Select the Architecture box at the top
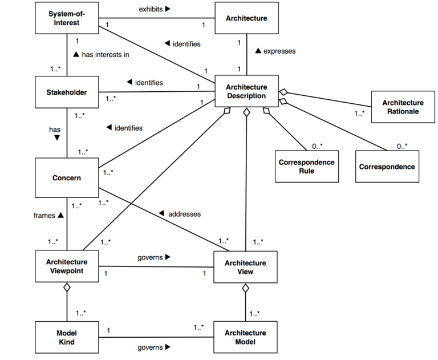246,18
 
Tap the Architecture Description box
246,91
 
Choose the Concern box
67,177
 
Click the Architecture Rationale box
400,107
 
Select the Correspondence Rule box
306,166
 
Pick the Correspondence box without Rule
387,166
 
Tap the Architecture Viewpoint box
67,266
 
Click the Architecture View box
246,266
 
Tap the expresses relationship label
275,51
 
